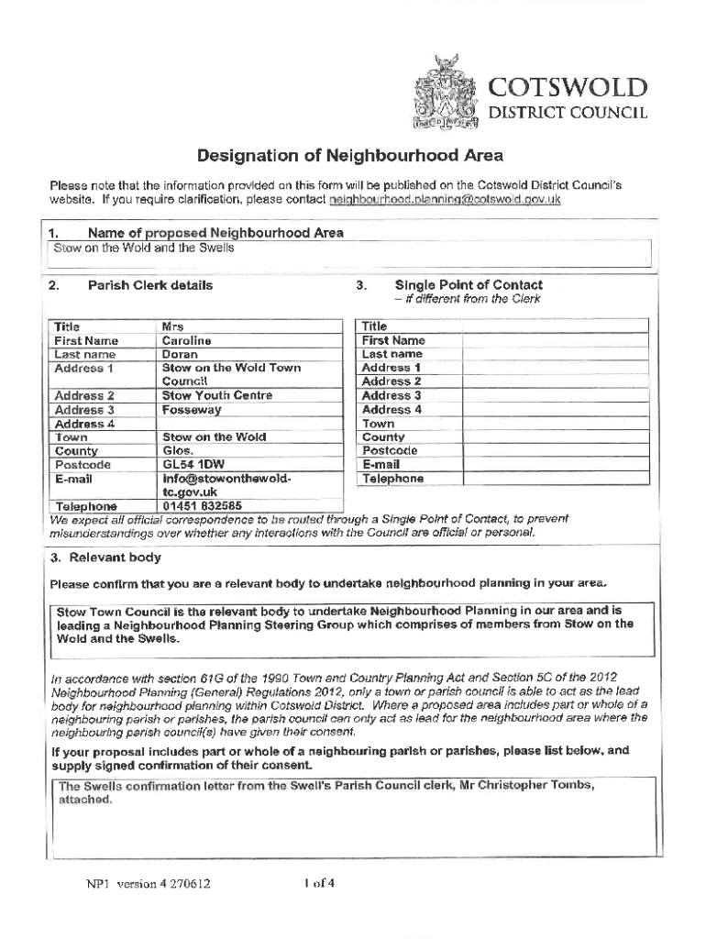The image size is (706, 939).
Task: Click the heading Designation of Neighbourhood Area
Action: [352, 155]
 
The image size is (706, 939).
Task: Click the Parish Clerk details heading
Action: [149, 285]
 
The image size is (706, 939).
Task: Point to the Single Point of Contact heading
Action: [468, 285]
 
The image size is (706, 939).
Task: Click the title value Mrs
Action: [172, 326]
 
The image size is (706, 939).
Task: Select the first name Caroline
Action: [186, 340]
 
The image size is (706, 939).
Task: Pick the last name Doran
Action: [179, 354]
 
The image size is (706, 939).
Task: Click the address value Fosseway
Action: [191, 410]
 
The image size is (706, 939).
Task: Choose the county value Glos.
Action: [178, 451]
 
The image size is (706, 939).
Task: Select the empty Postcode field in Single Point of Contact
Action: [555, 451]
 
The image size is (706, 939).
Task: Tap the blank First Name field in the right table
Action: [555, 340]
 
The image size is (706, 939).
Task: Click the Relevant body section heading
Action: [106, 558]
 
